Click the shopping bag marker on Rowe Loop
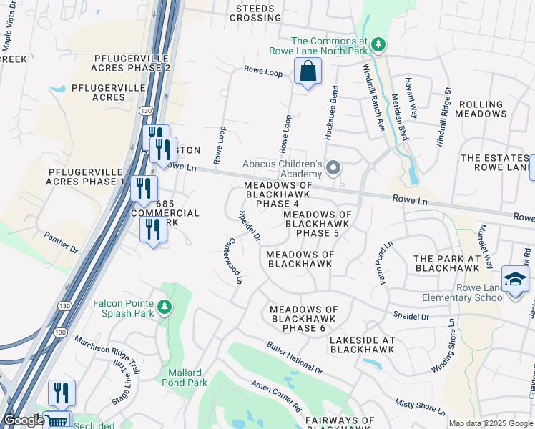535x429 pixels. (x=308, y=71)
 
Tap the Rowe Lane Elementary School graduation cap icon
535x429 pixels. (x=515, y=278)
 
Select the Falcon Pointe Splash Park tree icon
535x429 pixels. (x=165, y=307)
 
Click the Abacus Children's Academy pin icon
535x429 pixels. (x=333, y=169)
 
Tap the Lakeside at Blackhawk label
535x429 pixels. (x=363, y=345)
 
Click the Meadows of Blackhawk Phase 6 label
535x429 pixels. (x=303, y=319)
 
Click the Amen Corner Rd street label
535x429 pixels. (x=276, y=396)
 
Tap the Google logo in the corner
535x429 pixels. (x=24, y=420)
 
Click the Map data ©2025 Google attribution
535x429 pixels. (x=491, y=423)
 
